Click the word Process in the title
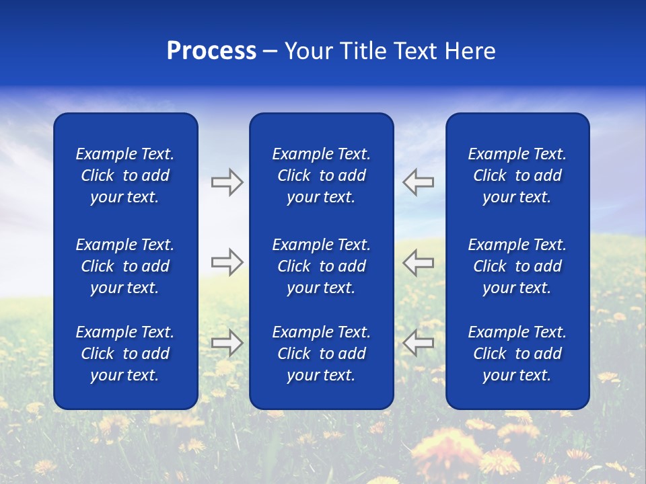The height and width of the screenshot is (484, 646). click(211, 51)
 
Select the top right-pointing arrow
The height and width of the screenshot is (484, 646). click(227, 182)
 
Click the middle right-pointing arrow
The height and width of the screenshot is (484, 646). click(227, 262)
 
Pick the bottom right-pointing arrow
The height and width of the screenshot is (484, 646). click(227, 343)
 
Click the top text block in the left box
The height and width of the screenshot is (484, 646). click(125, 175)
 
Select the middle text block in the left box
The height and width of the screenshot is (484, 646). click(125, 266)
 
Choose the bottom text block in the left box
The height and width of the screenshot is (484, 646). click(125, 354)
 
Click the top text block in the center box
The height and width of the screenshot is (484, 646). click(321, 175)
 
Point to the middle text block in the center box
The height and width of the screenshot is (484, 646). click(321, 266)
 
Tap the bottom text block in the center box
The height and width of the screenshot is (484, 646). click(321, 354)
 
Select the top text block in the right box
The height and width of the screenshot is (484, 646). click(517, 175)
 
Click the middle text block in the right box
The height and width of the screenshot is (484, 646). click(517, 266)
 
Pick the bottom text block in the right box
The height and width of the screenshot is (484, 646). click(517, 354)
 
